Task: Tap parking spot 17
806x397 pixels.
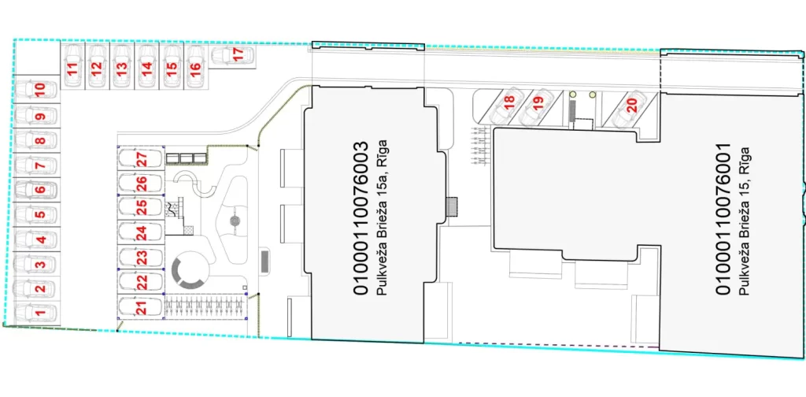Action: [238, 55]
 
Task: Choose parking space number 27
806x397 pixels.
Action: [141, 158]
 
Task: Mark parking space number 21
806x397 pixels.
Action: [141, 307]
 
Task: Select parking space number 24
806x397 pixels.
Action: [141, 232]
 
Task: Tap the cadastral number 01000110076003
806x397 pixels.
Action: [361, 218]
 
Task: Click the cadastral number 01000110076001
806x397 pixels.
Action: [723, 218]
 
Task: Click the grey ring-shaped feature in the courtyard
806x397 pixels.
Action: [189, 271]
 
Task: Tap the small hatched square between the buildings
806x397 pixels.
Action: [452, 206]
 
